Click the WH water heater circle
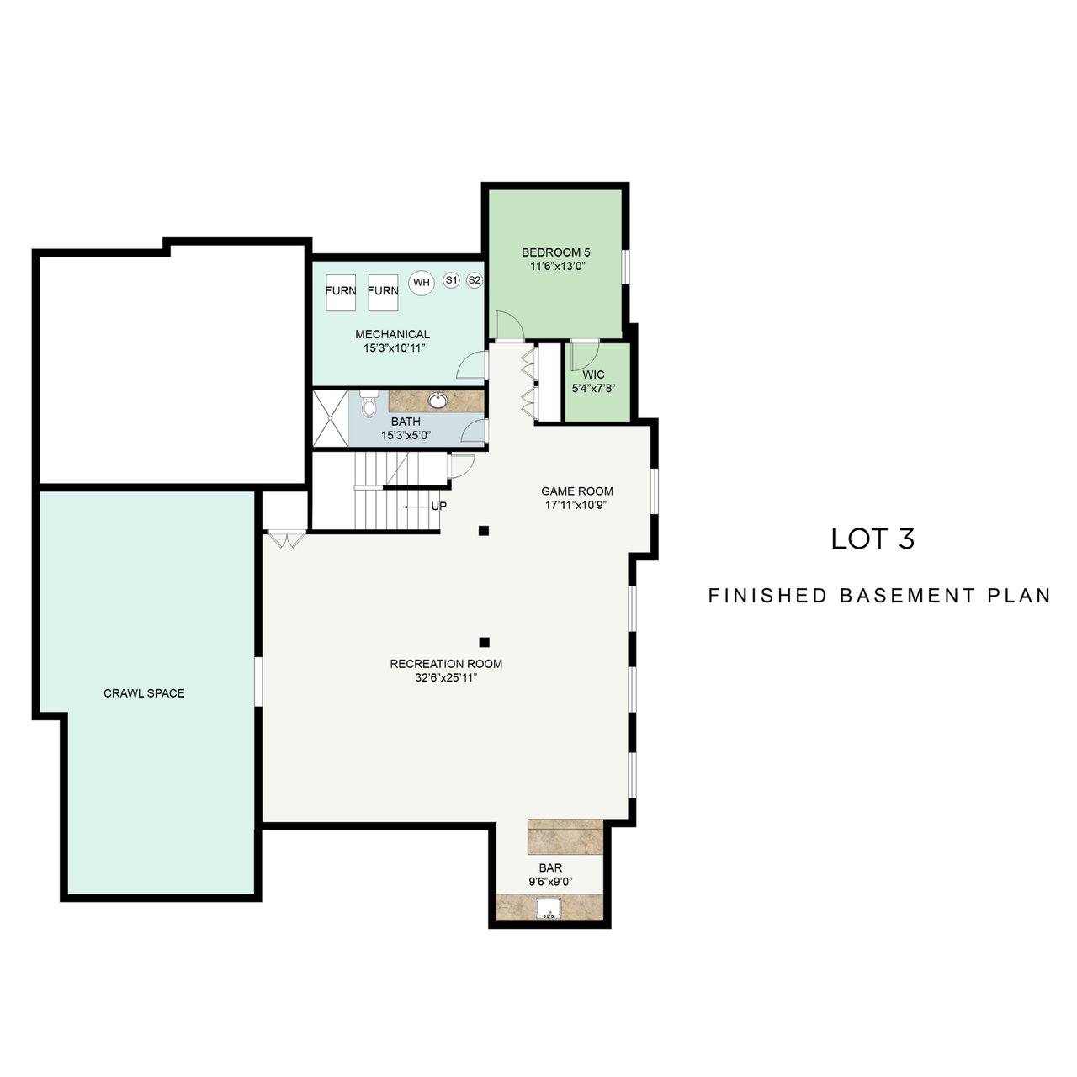(x=422, y=282)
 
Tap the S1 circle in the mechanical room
(x=451, y=279)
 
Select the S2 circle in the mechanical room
(x=474, y=279)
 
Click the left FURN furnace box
(x=341, y=292)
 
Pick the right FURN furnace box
(x=383, y=292)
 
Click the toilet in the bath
(x=369, y=404)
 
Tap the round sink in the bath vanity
(x=437, y=401)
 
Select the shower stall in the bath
(x=330, y=419)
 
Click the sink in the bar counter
(x=549, y=908)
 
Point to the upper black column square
(x=484, y=530)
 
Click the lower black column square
(x=485, y=642)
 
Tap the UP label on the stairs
(x=438, y=506)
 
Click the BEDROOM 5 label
(x=555, y=252)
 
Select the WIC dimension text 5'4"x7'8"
(x=593, y=388)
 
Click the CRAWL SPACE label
(x=144, y=693)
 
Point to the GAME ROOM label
(x=577, y=491)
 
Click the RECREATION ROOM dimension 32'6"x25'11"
(x=446, y=678)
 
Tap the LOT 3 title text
(x=873, y=538)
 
